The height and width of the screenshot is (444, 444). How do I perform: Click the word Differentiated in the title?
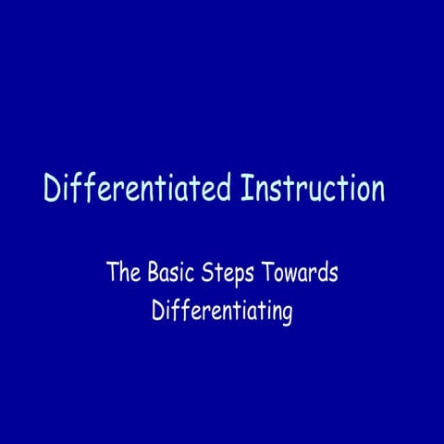(137, 189)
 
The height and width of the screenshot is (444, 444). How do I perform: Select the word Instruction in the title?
(312, 189)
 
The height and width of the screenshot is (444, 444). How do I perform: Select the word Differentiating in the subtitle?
(222, 312)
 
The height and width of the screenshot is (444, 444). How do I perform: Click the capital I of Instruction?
(246, 188)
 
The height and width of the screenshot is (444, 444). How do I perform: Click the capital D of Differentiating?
(157, 310)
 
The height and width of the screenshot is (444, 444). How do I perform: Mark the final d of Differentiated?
(223, 189)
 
